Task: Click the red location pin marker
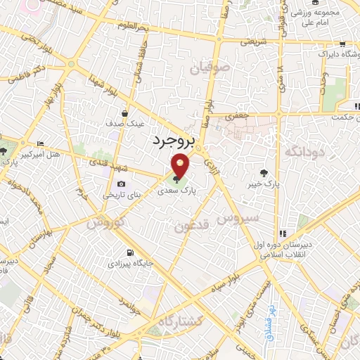tap(181, 166)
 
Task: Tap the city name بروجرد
tap(172, 141)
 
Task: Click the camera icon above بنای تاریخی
tap(122, 184)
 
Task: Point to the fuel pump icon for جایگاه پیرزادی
tap(129, 253)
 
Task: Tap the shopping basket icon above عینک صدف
tap(125, 112)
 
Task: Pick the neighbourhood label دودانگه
tap(303, 150)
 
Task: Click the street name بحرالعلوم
tap(154, 27)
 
